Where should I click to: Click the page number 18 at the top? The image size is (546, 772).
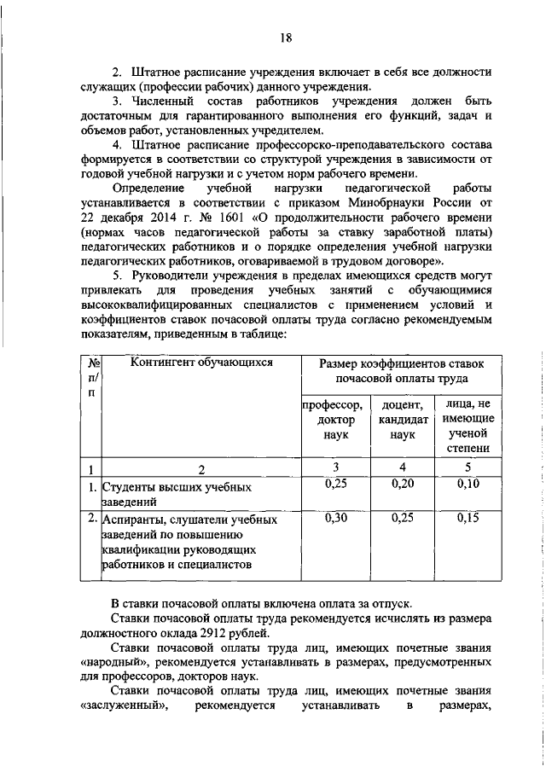[286, 38]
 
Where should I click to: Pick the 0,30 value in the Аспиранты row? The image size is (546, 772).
[334, 518]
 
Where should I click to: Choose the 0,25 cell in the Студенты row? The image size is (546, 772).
[334, 485]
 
